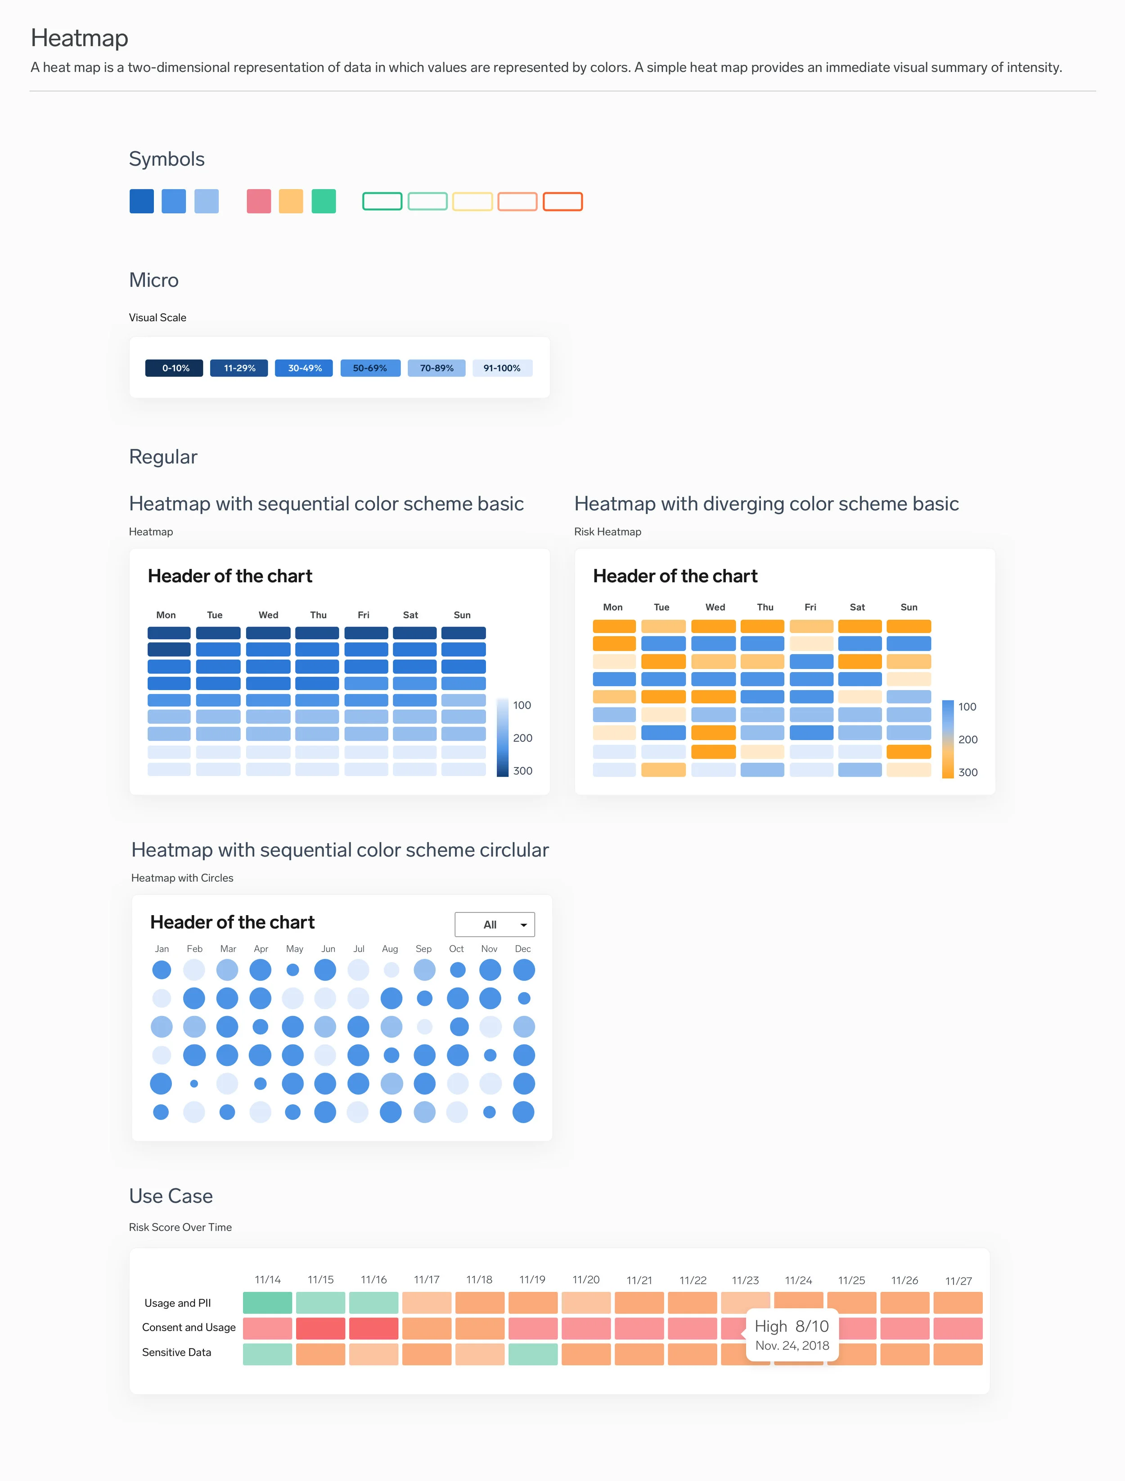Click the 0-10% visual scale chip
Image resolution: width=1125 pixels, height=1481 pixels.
tap(174, 368)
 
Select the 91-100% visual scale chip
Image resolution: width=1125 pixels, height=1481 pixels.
tap(502, 368)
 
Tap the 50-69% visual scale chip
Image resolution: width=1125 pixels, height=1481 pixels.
tap(370, 368)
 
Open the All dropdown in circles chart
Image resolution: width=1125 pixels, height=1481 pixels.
tap(495, 924)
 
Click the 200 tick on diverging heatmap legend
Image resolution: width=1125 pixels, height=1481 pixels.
tap(967, 740)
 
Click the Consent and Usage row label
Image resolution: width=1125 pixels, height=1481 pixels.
tap(189, 1327)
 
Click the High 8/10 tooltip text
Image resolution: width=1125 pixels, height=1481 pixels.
tap(792, 1326)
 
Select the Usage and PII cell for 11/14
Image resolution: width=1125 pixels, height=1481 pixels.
tap(267, 1303)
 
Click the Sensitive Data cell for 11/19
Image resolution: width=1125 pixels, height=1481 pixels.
tap(532, 1354)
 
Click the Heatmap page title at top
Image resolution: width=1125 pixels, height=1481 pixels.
tap(79, 38)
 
